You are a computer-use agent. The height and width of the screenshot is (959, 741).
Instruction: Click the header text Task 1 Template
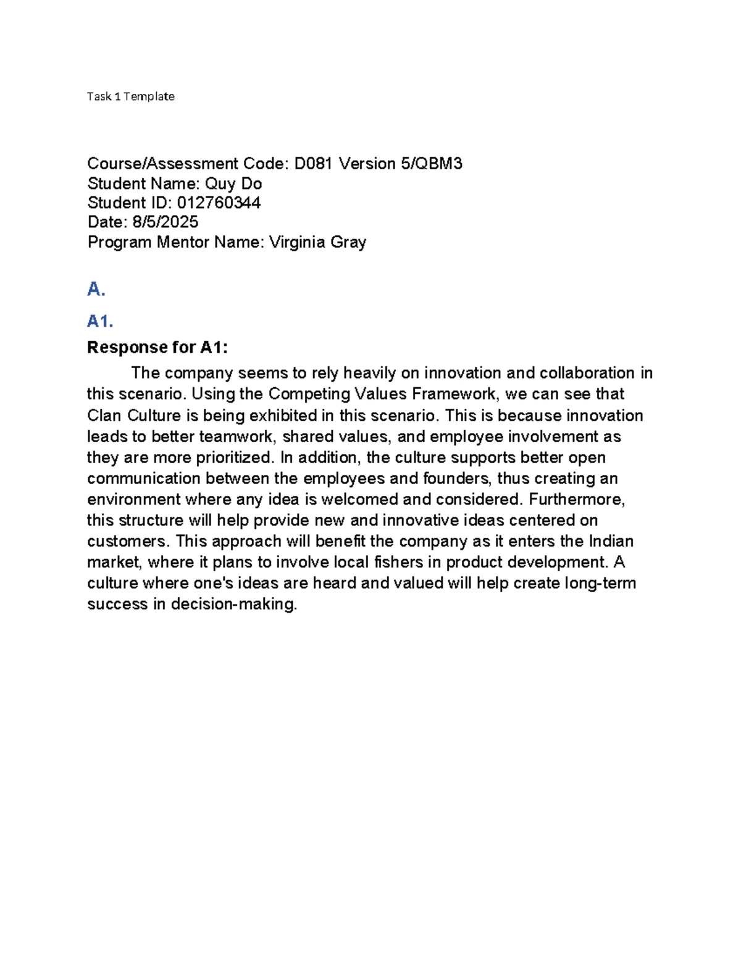pyautogui.click(x=131, y=96)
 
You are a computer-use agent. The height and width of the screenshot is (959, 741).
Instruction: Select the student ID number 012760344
pyautogui.click(x=219, y=203)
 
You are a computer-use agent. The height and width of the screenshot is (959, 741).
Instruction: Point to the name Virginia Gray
pyautogui.click(x=317, y=242)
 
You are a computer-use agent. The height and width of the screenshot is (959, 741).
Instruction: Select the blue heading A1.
pyautogui.click(x=100, y=321)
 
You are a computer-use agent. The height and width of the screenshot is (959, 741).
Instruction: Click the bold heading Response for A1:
pyautogui.click(x=157, y=348)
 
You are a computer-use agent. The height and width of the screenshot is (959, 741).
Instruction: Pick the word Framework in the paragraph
pyautogui.click(x=454, y=394)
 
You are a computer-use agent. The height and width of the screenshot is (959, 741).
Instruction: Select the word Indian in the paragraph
pyautogui.click(x=611, y=541)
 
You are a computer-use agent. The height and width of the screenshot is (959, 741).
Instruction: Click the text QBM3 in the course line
pyautogui.click(x=440, y=164)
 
